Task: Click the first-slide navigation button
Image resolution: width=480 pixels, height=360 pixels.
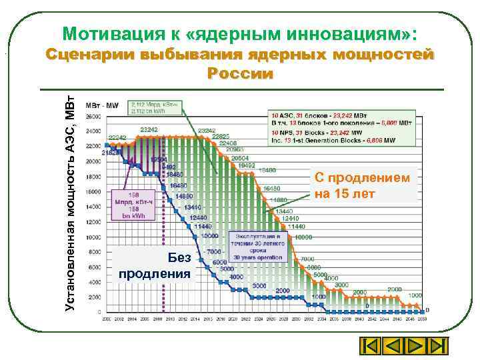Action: click(370, 347)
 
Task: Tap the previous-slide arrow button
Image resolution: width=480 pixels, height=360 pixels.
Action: click(393, 347)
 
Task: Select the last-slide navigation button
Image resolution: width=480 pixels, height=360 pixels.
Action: click(437, 347)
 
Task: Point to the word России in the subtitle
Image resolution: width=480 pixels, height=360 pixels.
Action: click(240, 73)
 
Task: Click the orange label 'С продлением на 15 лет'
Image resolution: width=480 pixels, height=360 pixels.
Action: click(365, 185)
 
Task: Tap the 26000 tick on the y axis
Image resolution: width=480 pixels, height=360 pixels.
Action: click(94, 115)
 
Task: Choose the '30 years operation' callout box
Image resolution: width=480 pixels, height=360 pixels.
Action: click(257, 245)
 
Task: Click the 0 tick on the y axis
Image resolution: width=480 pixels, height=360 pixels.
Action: click(100, 312)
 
